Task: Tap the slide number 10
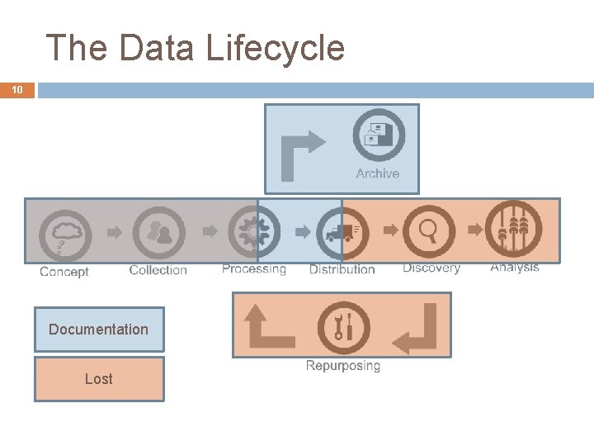(17, 90)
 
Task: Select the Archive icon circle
(379, 135)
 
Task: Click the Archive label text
(378, 173)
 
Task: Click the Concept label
(64, 272)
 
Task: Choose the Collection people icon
(158, 232)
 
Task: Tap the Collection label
(158, 270)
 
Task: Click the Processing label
(254, 269)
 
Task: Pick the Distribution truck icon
(342, 232)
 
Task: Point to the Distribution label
(342, 269)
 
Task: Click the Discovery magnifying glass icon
(430, 230)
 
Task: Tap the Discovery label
(431, 268)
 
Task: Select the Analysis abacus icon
(513, 229)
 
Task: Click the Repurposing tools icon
(343, 327)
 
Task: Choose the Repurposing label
(343, 365)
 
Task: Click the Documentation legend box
(99, 330)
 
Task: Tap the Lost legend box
(99, 379)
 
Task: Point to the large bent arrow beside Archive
(300, 154)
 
